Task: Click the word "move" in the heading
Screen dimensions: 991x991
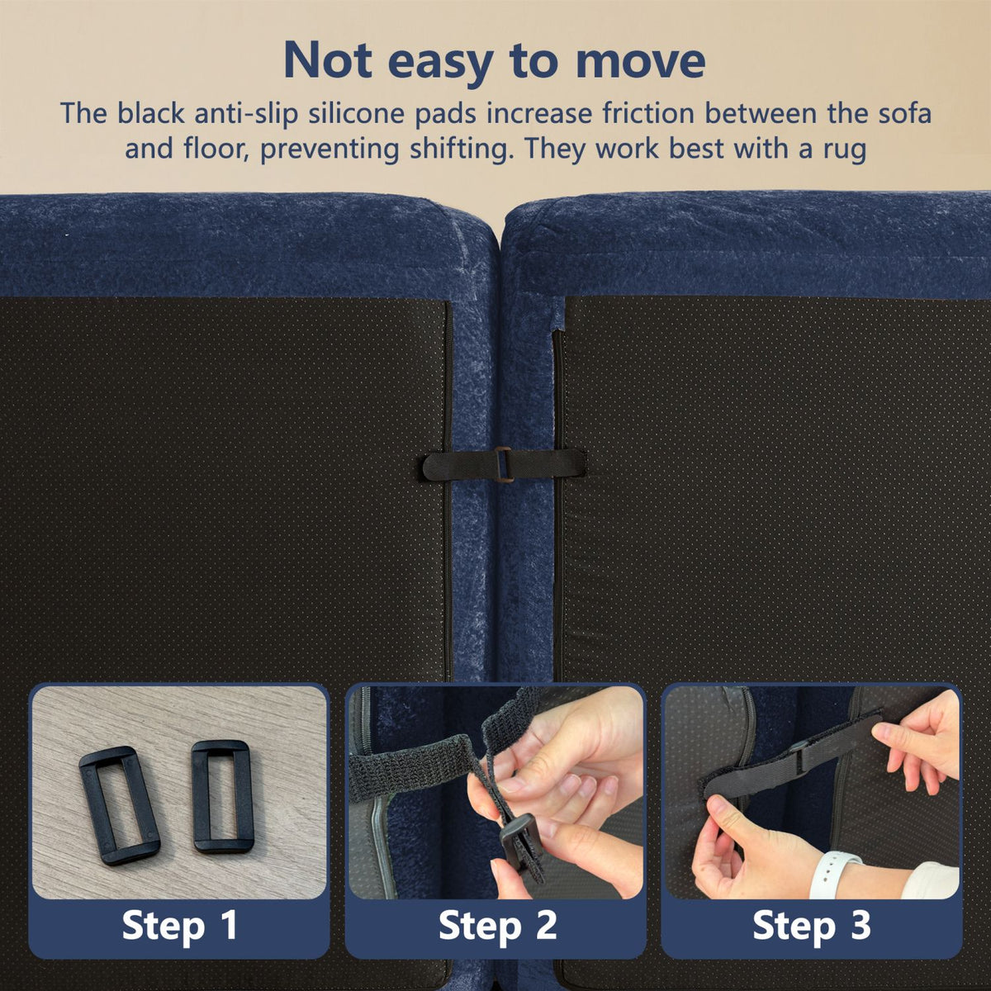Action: [640, 61]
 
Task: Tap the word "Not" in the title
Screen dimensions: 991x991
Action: [328, 60]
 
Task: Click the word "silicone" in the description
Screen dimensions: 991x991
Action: [355, 114]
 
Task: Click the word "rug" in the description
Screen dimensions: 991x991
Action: [845, 150]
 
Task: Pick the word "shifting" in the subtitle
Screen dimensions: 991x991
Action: [458, 150]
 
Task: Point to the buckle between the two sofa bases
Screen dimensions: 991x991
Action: [504, 465]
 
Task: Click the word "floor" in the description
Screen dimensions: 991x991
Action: [216, 150]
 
